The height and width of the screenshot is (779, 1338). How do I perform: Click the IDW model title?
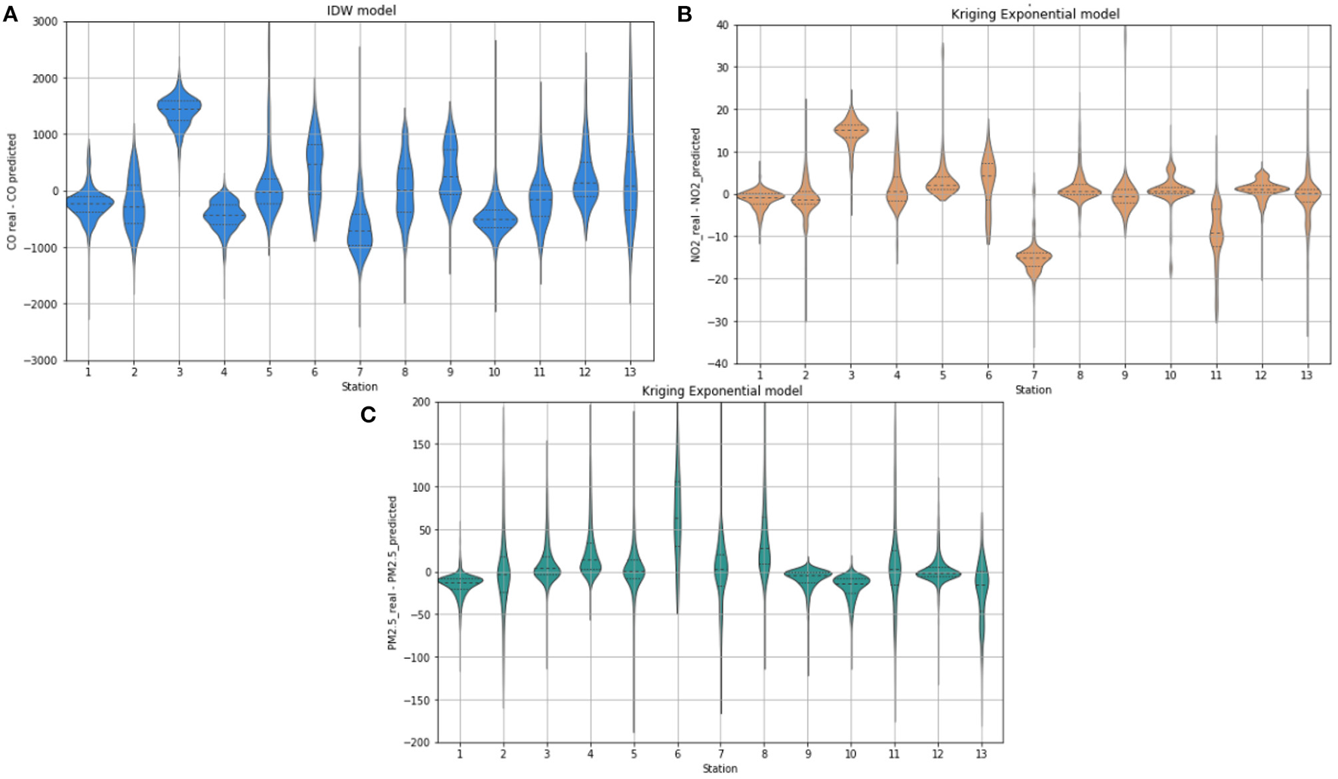pyautogui.click(x=360, y=10)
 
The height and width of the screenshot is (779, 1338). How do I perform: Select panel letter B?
pyautogui.click(x=684, y=14)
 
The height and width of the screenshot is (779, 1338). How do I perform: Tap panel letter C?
pyautogui.click(x=368, y=414)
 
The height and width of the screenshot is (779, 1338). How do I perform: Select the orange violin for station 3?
pyautogui.click(x=851, y=131)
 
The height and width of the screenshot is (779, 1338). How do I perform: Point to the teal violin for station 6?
pyautogui.click(x=677, y=514)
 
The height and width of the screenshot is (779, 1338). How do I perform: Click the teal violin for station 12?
pyautogui.click(x=938, y=573)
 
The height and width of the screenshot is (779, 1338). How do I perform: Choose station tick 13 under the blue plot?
pyautogui.click(x=630, y=372)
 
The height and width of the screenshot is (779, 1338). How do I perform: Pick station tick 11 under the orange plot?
pyautogui.click(x=1216, y=376)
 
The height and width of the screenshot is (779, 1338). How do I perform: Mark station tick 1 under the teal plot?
pyautogui.click(x=460, y=754)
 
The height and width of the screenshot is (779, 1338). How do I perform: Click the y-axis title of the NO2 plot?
pyautogui.click(x=695, y=195)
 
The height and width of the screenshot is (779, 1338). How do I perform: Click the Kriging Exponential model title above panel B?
pyautogui.click(x=1034, y=14)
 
